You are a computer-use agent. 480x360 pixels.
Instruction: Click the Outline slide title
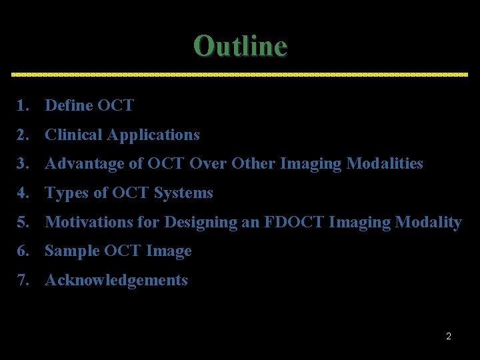pos(240,46)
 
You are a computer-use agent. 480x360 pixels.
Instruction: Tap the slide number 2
pos(449,336)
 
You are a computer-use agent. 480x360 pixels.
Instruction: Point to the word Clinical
pos(73,135)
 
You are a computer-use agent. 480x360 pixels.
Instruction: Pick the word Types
pos(65,193)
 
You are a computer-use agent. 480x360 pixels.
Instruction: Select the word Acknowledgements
pos(116,280)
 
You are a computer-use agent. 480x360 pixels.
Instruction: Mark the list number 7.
pos(23,280)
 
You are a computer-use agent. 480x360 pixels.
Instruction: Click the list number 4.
pos(23,193)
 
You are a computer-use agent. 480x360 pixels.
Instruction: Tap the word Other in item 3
pos(253,163)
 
